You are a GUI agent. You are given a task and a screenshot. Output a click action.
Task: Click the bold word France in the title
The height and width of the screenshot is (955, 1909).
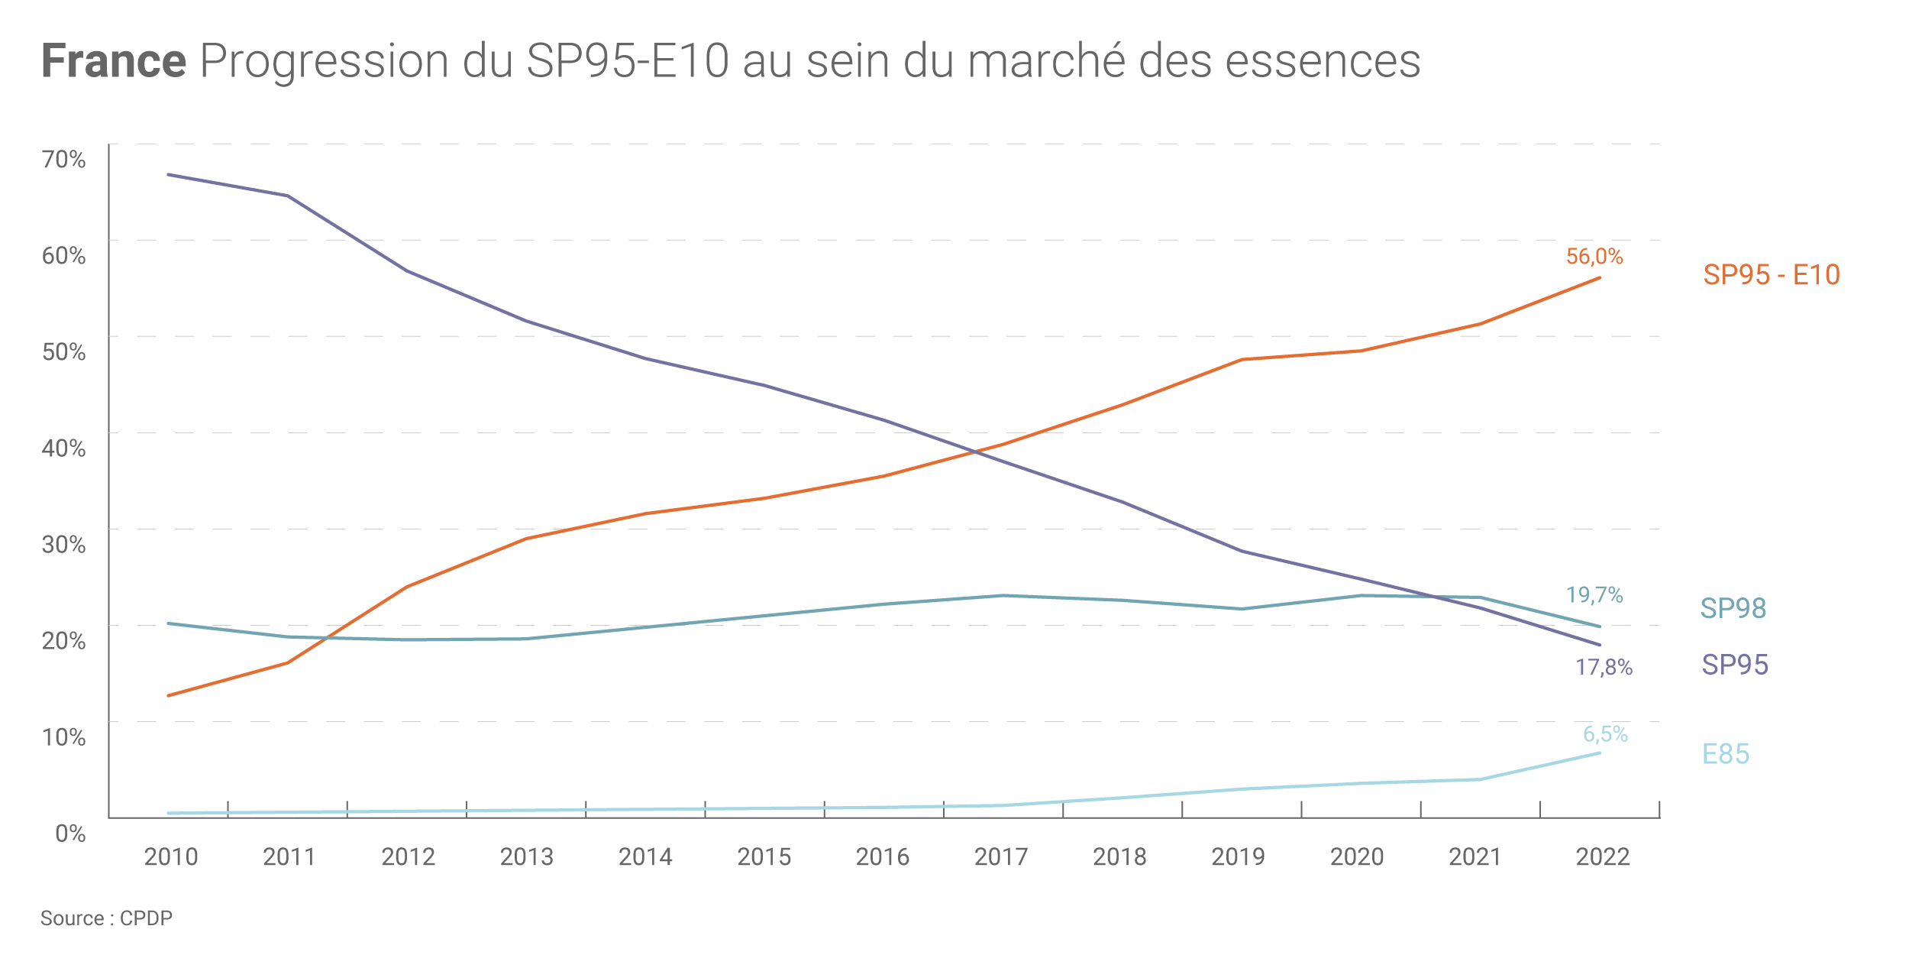pos(114,61)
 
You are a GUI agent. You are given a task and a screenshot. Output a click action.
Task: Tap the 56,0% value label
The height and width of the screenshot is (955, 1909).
pos(1594,257)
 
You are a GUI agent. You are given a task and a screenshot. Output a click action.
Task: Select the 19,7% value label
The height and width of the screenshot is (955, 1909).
pos(1594,595)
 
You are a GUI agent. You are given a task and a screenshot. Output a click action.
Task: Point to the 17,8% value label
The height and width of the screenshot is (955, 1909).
pos(1604,668)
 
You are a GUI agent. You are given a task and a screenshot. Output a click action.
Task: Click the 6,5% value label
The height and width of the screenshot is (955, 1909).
pos(1605,734)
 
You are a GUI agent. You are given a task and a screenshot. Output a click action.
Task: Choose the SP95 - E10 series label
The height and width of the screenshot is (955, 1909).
pos(1772,275)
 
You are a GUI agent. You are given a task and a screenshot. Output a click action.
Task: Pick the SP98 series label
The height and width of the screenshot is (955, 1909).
pos(1733,608)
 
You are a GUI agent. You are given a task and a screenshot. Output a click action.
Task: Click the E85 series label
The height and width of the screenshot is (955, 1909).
pos(1726,754)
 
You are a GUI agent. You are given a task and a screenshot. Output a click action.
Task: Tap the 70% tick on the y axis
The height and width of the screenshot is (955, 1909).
pos(64,160)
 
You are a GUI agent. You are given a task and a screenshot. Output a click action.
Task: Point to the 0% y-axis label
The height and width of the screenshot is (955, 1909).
pos(71,833)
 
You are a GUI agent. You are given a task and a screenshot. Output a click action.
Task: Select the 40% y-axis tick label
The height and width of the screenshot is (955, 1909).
pos(64,448)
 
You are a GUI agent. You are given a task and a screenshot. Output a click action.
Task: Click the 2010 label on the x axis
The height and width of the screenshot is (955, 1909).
pos(171,857)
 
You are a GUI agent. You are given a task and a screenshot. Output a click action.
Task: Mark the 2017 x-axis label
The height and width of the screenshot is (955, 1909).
pos(1001,857)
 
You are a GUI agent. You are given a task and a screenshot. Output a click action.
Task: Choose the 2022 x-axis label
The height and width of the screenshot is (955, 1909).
pos(1603,857)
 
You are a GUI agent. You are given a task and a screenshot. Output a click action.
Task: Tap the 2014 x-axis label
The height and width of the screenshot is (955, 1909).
pos(645,857)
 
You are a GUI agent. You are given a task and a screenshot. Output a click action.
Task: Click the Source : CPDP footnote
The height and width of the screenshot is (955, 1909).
pos(106,918)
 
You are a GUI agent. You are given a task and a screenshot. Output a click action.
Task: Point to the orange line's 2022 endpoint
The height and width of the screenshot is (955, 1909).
pos(1600,278)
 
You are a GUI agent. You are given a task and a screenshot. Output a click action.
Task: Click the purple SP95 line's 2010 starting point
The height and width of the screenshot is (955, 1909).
pos(169,175)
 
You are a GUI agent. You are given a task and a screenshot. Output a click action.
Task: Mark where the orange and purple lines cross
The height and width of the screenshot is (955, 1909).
pos(975,452)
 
